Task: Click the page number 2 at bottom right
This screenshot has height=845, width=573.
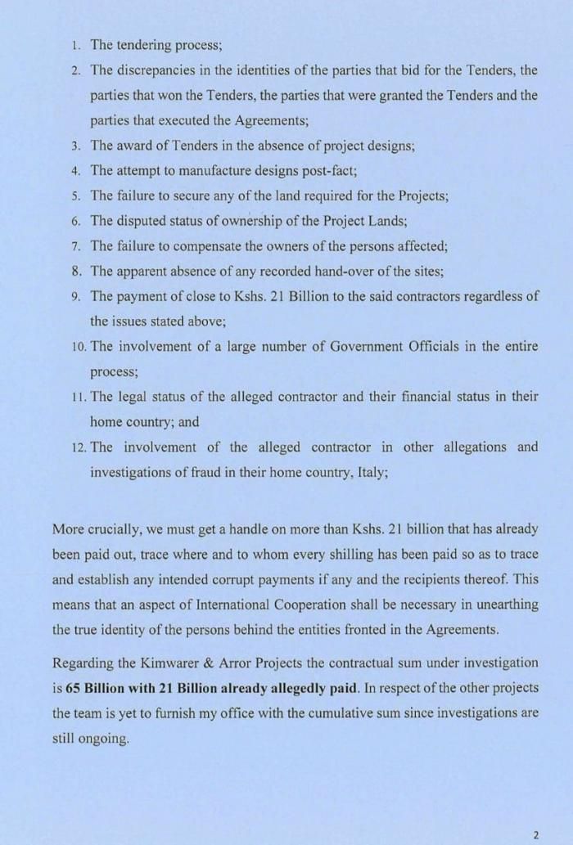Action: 536,835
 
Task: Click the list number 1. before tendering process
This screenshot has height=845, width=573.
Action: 74,45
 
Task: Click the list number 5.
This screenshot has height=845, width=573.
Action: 74,196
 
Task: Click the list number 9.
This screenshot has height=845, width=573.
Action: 74,296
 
